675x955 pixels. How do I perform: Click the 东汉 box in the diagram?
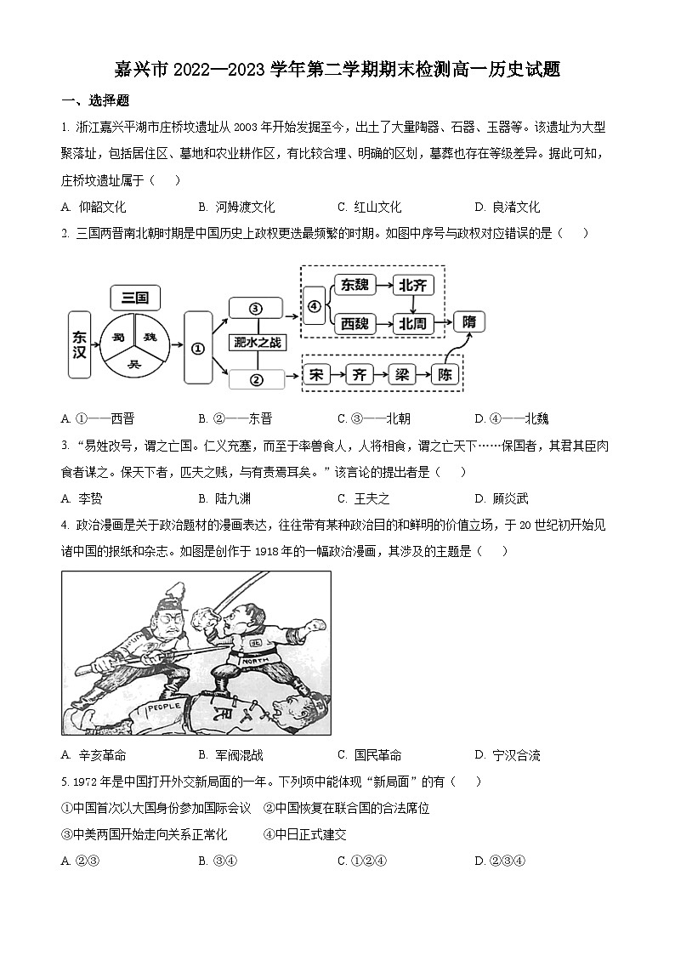(x=79, y=344)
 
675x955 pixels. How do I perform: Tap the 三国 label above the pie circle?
(x=135, y=297)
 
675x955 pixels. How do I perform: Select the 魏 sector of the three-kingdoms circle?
(x=151, y=337)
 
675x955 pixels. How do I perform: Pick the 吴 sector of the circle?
(x=133, y=363)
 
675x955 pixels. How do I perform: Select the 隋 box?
(x=470, y=321)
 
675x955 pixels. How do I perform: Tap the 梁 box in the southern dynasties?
(x=401, y=375)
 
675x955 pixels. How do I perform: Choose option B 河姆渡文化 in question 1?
(x=236, y=207)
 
